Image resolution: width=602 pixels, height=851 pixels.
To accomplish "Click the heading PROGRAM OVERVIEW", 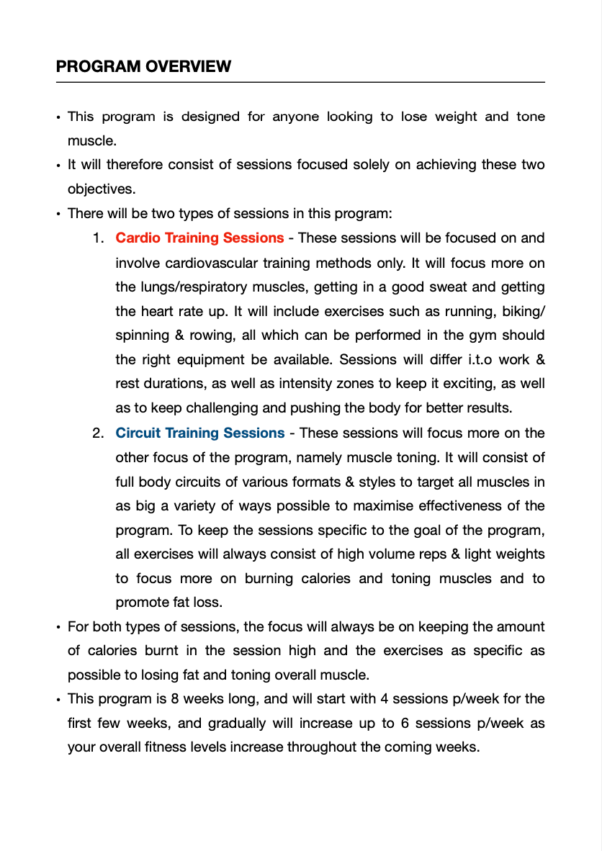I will (x=143, y=67).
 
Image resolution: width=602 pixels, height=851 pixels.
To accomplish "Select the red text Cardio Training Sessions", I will (x=199, y=238).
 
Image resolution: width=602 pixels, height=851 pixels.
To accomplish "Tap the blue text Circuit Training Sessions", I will (x=200, y=433).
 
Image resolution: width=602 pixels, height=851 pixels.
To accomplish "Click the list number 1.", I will (x=98, y=238).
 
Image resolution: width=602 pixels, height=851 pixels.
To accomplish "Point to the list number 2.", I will (x=98, y=433).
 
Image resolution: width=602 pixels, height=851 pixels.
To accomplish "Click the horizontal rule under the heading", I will (x=300, y=82).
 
